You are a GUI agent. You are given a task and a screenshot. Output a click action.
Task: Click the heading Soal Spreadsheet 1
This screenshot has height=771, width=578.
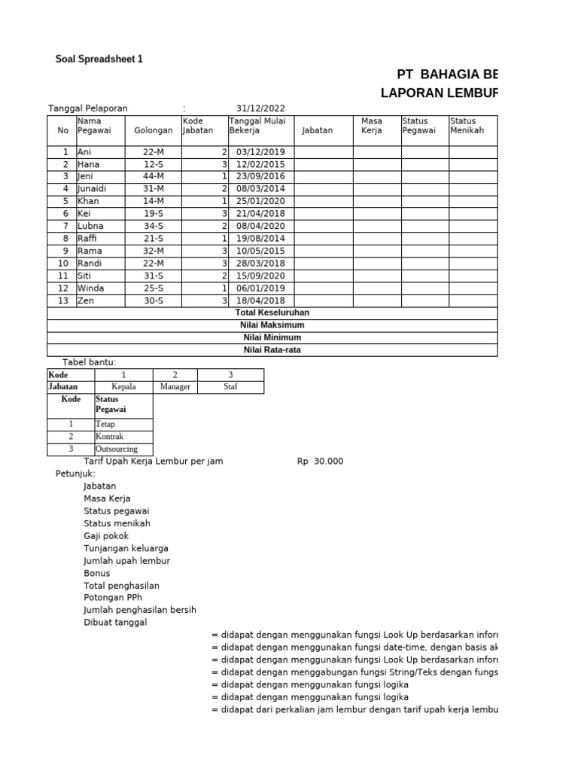[x=99, y=59]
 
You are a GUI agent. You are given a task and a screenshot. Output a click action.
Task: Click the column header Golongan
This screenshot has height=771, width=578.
[x=153, y=130]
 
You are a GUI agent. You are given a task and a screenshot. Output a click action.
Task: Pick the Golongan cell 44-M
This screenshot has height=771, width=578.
[x=153, y=176]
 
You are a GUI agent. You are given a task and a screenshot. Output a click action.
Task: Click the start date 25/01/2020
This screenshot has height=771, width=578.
[x=260, y=201]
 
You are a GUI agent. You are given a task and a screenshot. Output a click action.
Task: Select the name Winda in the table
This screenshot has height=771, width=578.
[x=90, y=288]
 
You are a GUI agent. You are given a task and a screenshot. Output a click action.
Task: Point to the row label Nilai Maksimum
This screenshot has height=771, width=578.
[x=272, y=325]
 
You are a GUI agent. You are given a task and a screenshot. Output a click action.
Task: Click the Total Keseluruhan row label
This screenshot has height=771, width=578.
[x=272, y=312]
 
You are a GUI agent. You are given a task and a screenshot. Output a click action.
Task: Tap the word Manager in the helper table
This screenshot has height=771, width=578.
[x=175, y=387]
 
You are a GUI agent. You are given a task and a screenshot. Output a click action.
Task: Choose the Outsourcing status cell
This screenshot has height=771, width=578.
[x=117, y=449]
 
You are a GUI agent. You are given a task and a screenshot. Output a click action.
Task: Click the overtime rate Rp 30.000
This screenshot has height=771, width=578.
[x=320, y=462]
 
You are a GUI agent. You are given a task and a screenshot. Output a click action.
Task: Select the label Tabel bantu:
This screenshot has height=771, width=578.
[x=89, y=362]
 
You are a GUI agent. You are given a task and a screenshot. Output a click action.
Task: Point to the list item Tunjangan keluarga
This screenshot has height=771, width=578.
[x=126, y=548]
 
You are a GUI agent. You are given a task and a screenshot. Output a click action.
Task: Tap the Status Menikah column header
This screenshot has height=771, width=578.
[x=467, y=125]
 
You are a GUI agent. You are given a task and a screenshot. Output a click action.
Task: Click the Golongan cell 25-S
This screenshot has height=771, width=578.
[x=153, y=288]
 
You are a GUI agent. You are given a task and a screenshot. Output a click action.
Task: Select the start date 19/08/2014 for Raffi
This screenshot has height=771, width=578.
[x=260, y=239]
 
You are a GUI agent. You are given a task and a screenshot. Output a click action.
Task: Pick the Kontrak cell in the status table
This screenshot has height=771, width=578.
[x=109, y=437]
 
